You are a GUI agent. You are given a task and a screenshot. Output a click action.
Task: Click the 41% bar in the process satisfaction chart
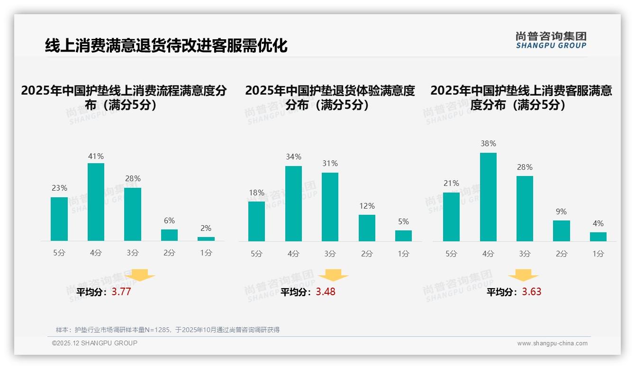pyautogui.click(x=96, y=202)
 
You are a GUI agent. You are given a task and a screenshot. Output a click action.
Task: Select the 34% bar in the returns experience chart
pyautogui.click(x=293, y=203)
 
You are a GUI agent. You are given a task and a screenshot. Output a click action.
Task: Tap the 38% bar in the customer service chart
pyautogui.click(x=488, y=197)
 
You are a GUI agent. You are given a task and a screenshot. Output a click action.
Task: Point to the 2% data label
pyautogui.click(x=206, y=228)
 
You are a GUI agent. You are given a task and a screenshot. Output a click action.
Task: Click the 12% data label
pyautogui.click(x=367, y=206)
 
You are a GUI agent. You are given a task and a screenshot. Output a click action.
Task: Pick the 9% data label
pyautogui.click(x=561, y=211)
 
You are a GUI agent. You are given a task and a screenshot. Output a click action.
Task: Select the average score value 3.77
pyautogui.click(x=121, y=291)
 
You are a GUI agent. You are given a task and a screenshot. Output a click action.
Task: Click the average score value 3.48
pyautogui.click(x=326, y=291)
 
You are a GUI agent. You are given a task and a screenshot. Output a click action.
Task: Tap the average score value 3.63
pyautogui.click(x=531, y=291)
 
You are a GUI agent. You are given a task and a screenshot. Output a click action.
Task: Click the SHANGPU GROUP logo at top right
pyautogui.click(x=551, y=40)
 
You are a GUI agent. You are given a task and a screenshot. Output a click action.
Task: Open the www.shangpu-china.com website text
pyautogui.click(x=552, y=343)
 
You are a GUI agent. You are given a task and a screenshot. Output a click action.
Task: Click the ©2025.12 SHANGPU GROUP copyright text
pyautogui.click(x=95, y=343)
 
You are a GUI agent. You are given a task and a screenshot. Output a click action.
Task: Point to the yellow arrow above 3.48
pyautogui.click(x=333, y=275)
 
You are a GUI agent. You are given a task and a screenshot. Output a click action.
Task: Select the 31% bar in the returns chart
pyautogui.click(x=330, y=207)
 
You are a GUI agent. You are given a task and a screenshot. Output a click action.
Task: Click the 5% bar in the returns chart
pyautogui.click(x=403, y=236)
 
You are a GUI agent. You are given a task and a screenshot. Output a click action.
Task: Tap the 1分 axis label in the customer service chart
pyautogui.click(x=598, y=254)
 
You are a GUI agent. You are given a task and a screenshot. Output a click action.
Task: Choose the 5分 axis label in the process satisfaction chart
pyautogui.click(x=59, y=253)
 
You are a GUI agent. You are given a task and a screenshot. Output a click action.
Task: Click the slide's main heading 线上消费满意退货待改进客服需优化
pyautogui.click(x=166, y=45)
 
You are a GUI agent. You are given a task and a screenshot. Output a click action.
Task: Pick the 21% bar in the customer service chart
pyautogui.click(x=451, y=217)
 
